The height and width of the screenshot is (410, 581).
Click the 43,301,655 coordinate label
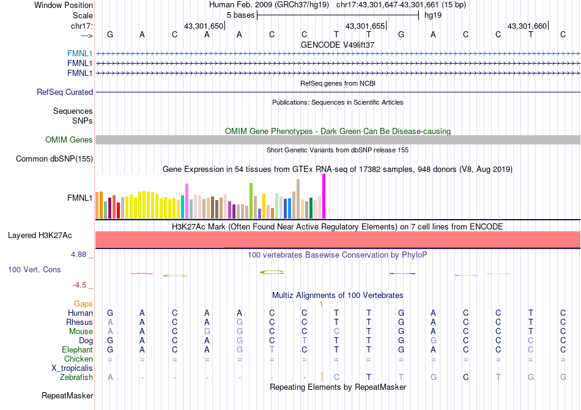pyautogui.click(x=365, y=26)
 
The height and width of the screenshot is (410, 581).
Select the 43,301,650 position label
pyautogui.click(x=204, y=26)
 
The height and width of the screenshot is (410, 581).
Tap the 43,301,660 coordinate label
pyautogui.click(x=527, y=26)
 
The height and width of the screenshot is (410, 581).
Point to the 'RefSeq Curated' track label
pyautogui.click(x=65, y=92)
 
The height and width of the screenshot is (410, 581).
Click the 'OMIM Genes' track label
pyautogui.click(x=69, y=140)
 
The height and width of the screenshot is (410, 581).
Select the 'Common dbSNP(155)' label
pyautogui.click(x=54, y=159)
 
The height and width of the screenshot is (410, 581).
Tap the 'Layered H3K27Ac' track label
pyautogui.click(x=40, y=235)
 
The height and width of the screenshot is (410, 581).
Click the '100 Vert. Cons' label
pyautogui.click(x=34, y=269)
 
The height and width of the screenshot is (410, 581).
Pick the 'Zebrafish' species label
pyautogui.click(x=76, y=378)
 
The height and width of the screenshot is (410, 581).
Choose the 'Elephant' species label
pyautogui.click(x=77, y=349)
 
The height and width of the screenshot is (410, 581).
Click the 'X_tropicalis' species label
pyautogui.click(x=72, y=368)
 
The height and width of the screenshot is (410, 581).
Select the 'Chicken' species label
pyautogui.click(x=79, y=359)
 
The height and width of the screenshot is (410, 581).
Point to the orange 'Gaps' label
pyautogui.click(x=83, y=304)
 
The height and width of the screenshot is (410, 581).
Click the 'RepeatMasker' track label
pyautogui.click(x=67, y=396)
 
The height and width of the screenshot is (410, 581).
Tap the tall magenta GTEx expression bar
pyautogui.click(x=324, y=196)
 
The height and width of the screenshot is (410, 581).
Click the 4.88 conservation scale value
pyautogui.click(x=80, y=255)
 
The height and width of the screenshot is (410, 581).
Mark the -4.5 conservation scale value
pyautogui.click(x=81, y=285)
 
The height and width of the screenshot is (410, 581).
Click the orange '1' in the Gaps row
pyautogui.click(x=321, y=304)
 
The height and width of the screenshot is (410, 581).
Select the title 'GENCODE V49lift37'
pyautogui.click(x=338, y=45)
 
